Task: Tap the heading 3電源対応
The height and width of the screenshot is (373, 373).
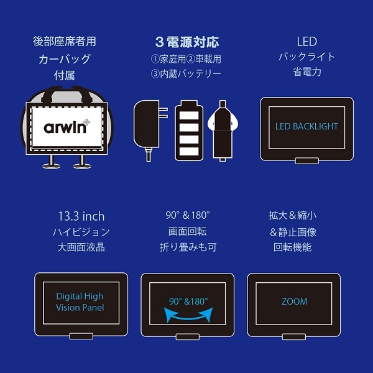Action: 186,43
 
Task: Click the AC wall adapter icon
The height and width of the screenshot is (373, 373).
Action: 149,126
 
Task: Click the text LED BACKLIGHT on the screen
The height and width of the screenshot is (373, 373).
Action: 306,126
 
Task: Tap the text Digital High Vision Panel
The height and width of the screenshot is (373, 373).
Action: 80,302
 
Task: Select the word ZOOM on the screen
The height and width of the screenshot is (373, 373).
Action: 294,302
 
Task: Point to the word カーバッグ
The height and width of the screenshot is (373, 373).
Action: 65,59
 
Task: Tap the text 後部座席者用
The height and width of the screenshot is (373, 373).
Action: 65,42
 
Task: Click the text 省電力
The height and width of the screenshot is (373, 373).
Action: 306,72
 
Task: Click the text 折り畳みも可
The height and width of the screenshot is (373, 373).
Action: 187,247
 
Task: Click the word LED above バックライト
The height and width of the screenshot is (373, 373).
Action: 306,42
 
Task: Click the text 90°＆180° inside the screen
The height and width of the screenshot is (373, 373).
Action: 188,301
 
